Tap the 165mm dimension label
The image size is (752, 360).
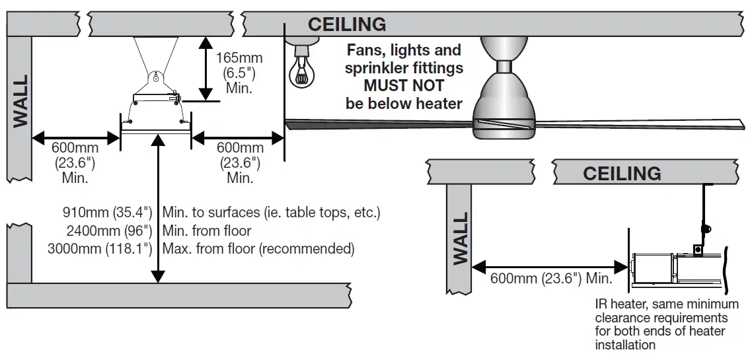click(239, 57)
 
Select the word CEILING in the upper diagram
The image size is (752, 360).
click(347, 24)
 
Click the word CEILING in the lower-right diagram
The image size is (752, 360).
click(622, 173)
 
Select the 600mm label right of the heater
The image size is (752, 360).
click(240, 148)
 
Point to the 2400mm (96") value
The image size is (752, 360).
click(110, 231)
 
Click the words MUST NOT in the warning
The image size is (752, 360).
click(404, 86)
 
